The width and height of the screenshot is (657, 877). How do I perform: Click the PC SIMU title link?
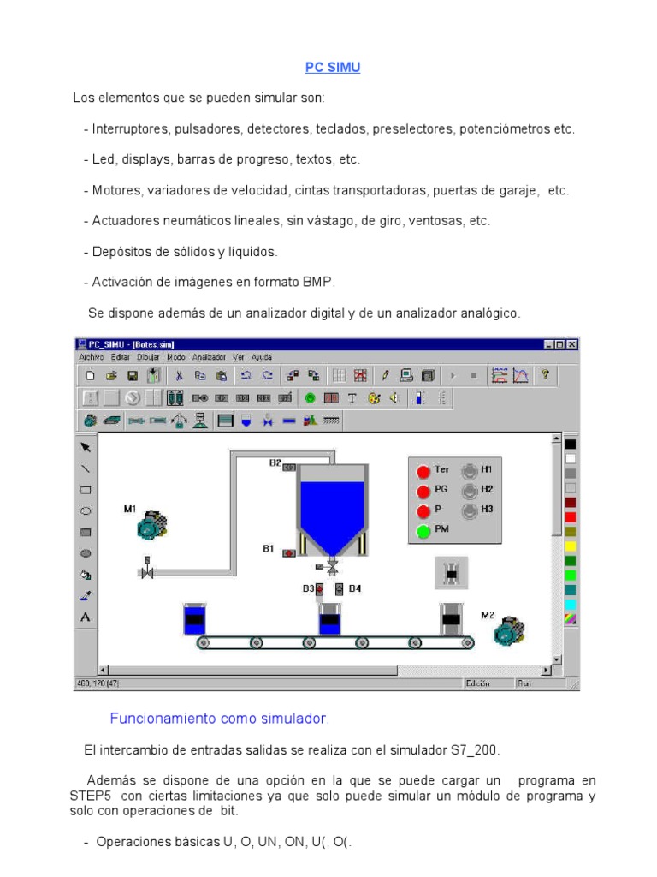coord(333,68)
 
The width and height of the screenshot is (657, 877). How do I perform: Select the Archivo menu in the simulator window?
coord(91,357)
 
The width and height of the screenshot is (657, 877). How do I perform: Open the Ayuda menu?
coord(262,357)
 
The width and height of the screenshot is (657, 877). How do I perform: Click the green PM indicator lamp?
coord(423,531)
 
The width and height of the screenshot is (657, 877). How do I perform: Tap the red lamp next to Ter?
coord(423,471)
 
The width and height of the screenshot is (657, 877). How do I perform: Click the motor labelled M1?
coord(151,525)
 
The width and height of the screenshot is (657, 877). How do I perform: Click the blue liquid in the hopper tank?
coord(331,510)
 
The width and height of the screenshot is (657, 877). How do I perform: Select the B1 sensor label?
coord(268,548)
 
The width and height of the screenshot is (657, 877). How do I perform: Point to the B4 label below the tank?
coord(355,588)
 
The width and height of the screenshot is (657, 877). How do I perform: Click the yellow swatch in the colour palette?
coord(571,546)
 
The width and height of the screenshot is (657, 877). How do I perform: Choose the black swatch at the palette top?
coord(571,444)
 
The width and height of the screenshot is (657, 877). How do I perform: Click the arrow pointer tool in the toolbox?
coord(86,447)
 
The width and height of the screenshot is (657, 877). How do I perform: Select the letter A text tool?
coord(86,617)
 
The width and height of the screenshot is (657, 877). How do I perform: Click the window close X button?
coord(572,344)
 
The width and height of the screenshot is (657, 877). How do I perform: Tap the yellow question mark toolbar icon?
coord(543,375)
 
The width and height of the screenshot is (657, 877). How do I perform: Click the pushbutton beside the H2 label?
coord(468,491)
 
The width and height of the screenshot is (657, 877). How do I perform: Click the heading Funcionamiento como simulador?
coord(220,718)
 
